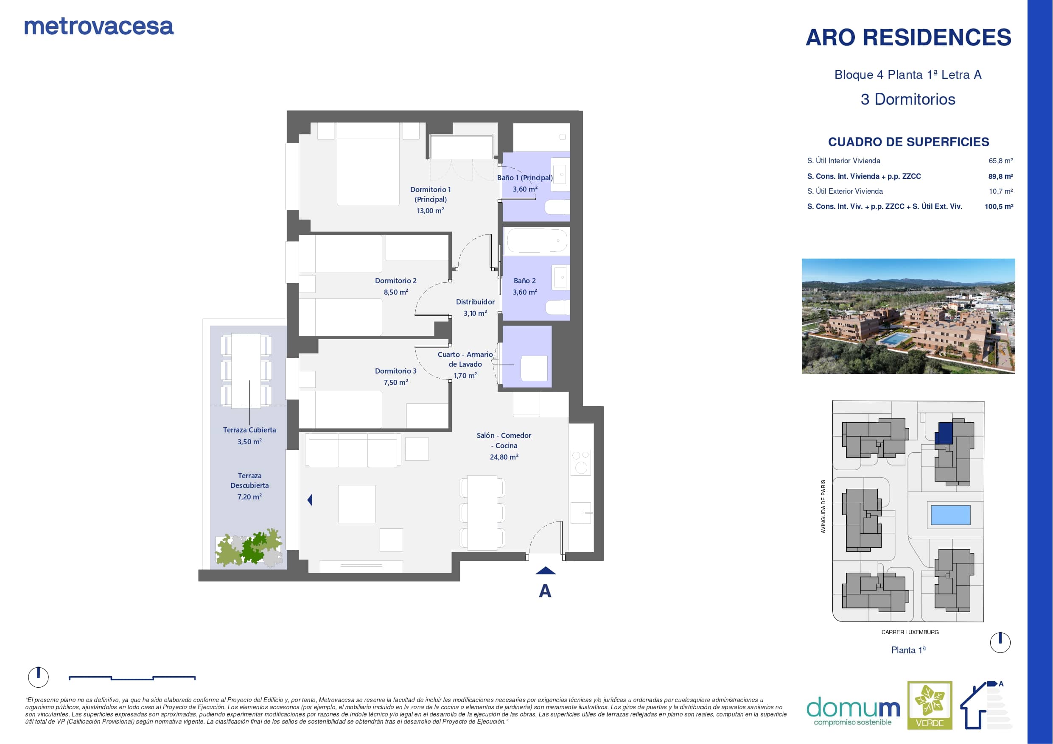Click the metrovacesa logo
click(x=98, y=27)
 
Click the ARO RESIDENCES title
click(x=908, y=37)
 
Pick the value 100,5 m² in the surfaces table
click(x=999, y=207)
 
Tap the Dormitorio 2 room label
click(x=396, y=281)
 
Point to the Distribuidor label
click(x=475, y=302)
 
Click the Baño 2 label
click(x=525, y=281)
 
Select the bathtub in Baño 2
click(x=536, y=240)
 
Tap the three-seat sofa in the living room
click(x=353, y=450)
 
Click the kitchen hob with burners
click(x=581, y=462)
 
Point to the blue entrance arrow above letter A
click(x=545, y=571)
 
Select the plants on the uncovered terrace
click(x=249, y=548)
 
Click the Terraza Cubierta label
click(x=249, y=430)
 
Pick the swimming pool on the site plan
click(x=950, y=515)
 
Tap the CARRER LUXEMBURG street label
click(x=910, y=632)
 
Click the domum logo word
click(x=853, y=708)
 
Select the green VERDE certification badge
click(x=930, y=705)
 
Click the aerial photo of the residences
click(x=908, y=316)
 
